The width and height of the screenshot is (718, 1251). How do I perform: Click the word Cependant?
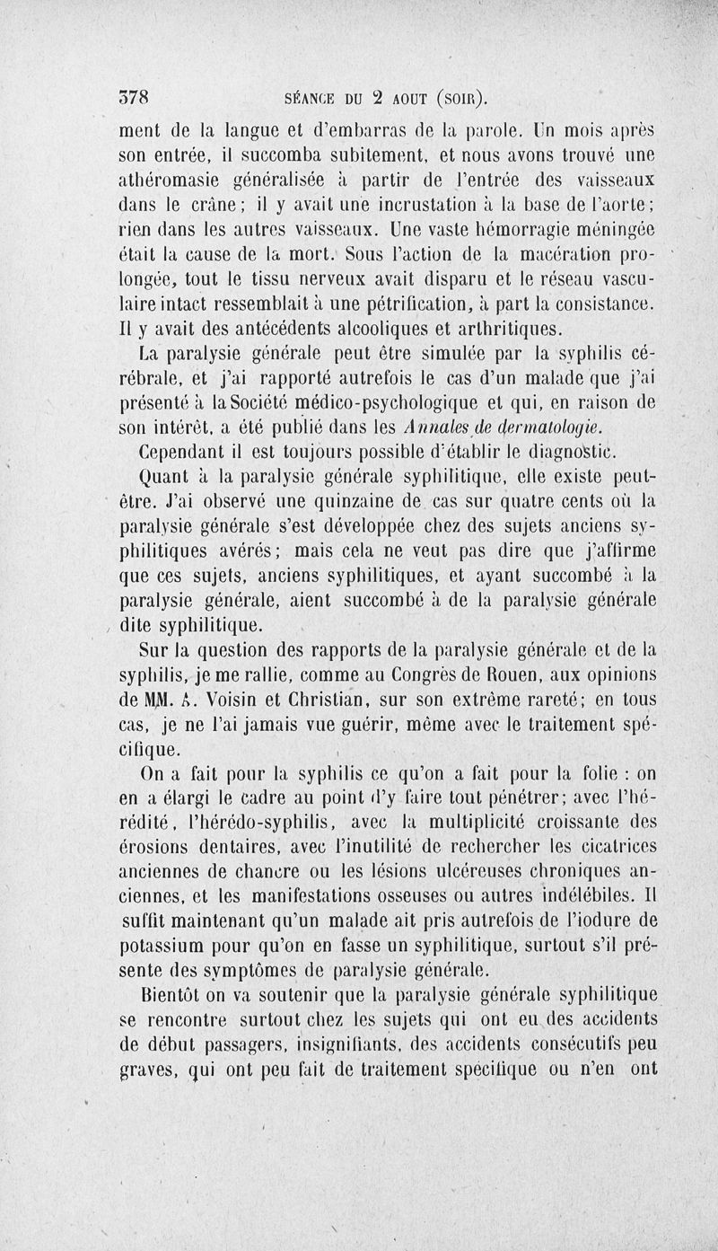[x=188, y=449]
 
